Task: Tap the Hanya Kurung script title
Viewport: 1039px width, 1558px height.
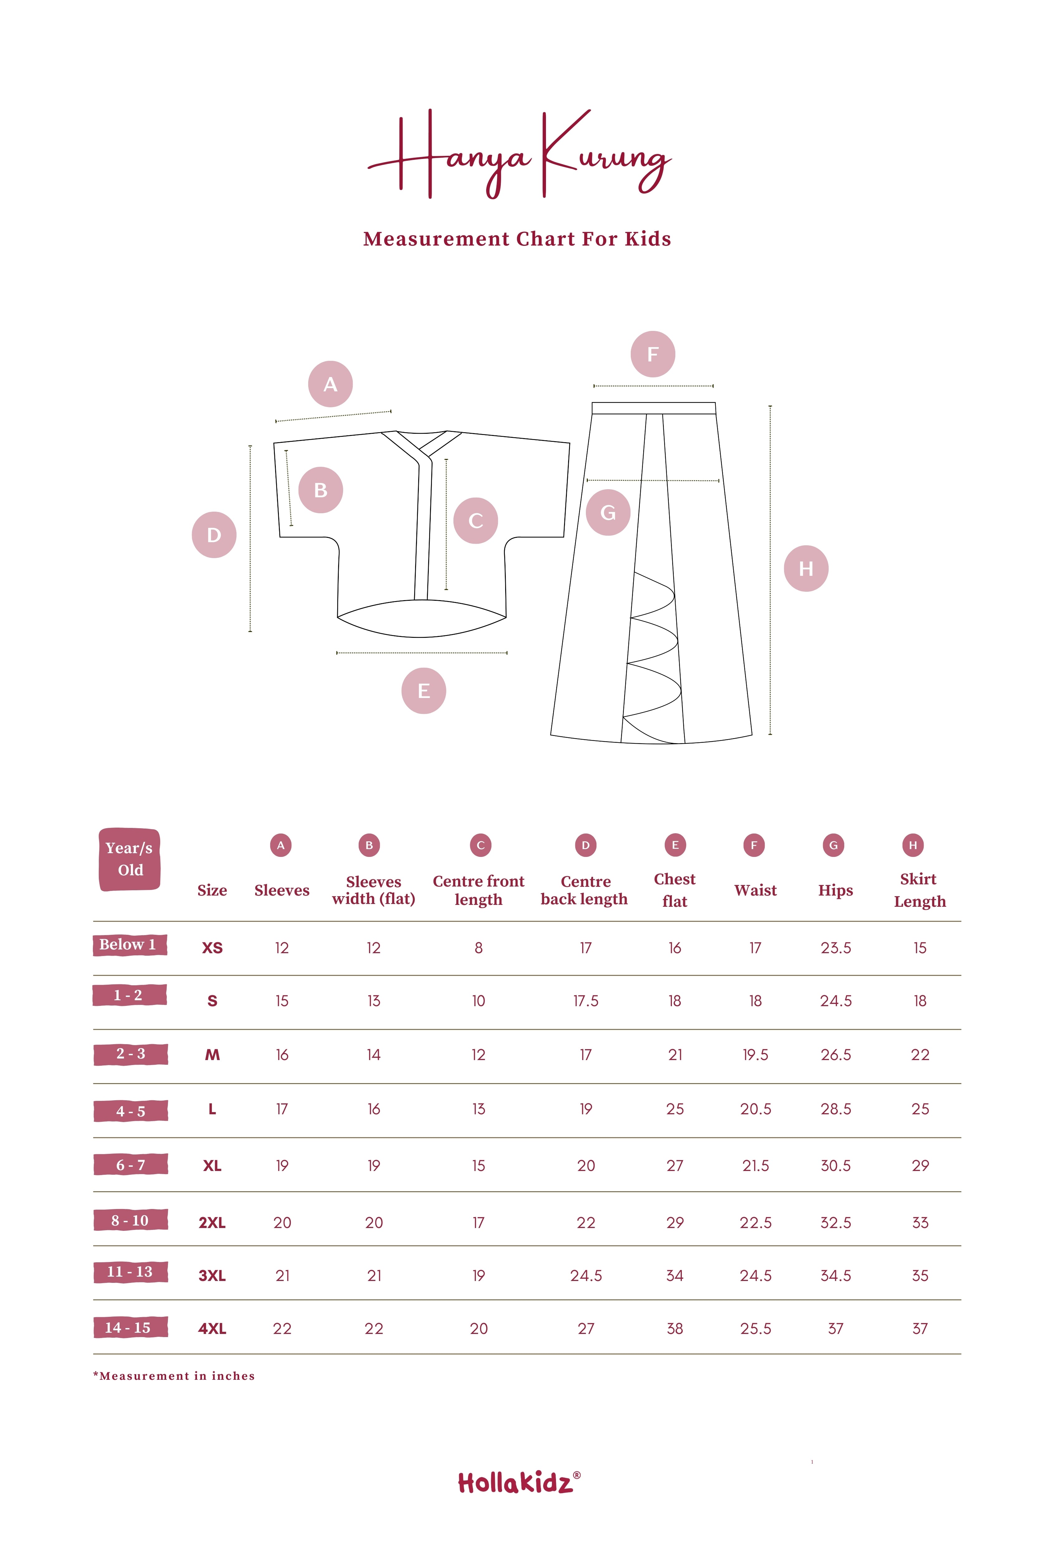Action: tap(519, 154)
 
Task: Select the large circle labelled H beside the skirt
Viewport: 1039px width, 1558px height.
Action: tap(806, 568)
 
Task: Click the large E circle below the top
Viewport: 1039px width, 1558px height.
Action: tap(424, 691)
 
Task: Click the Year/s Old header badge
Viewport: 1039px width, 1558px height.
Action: tap(130, 859)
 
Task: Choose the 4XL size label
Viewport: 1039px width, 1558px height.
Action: tap(212, 1328)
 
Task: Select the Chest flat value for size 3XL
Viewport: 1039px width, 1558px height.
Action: tap(675, 1275)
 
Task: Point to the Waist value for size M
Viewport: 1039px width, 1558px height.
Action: tap(755, 1054)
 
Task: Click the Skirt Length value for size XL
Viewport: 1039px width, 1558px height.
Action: tap(920, 1165)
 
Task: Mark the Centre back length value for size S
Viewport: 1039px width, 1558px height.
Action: tap(586, 1001)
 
